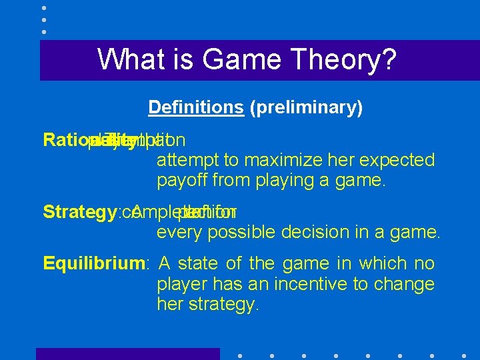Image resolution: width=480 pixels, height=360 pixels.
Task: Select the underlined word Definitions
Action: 196,107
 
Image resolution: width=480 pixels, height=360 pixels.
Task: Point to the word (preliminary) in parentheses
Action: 306,107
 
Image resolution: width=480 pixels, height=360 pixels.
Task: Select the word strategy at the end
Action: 225,305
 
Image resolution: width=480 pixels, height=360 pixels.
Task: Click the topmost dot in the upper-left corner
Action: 44,8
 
